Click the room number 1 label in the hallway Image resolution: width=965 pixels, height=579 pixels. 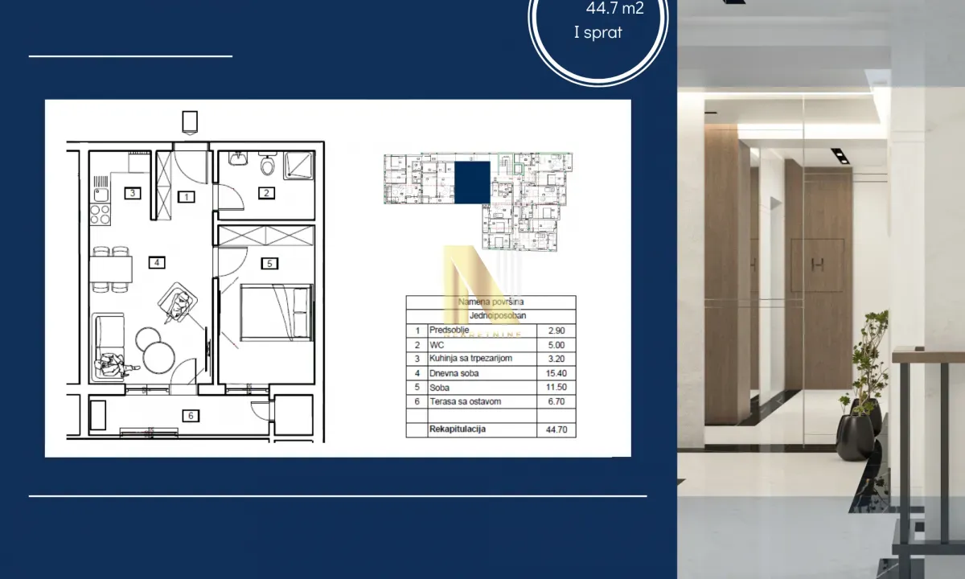tap(186, 196)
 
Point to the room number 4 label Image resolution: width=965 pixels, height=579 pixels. tap(158, 261)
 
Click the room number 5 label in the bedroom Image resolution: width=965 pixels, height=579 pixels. tap(270, 262)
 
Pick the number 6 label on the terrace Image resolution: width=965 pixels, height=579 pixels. tap(190, 416)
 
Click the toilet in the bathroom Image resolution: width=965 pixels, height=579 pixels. tap(268, 166)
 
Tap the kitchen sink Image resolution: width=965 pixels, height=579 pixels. tap(101, 193)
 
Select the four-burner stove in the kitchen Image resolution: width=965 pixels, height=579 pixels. tap(100, 215)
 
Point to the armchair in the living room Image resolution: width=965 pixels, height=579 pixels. tap(180, 305)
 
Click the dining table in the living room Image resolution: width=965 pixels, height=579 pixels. tap(110, 268)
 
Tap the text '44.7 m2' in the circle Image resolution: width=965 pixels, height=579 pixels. tap(614, 10)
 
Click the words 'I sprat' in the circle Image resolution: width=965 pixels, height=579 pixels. tap(597, 33)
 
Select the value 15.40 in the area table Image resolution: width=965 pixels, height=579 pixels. tap(556, 372)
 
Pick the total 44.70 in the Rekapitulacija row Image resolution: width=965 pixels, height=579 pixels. tap(556, 429)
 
